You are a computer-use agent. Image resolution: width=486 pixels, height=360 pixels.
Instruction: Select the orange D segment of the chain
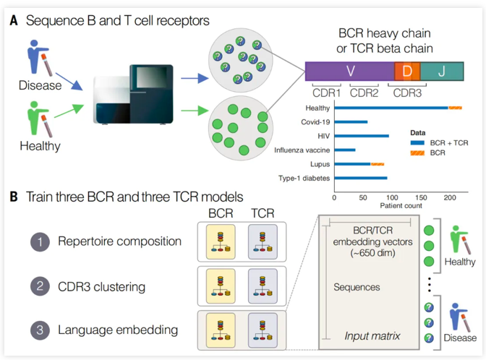click(x=406, y=72)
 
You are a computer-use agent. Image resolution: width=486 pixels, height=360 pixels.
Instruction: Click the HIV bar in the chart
click(x=362, y=136)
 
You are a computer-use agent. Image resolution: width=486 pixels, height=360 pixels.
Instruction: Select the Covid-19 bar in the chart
click(x=351, y=122)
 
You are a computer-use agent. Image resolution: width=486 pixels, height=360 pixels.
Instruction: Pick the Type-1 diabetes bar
click(x=361, y=178)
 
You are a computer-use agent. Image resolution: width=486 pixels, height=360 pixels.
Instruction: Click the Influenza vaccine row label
click(x=303, y=150)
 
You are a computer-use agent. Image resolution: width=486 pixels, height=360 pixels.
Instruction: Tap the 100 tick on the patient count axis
click(x=391, y=196)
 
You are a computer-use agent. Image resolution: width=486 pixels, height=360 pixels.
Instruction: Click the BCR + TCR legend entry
click(x=440, y=143)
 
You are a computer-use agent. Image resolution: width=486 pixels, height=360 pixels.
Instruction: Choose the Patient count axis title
click(x=391, y=206)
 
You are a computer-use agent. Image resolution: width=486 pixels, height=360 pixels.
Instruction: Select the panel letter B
click(x=14, y=197)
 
